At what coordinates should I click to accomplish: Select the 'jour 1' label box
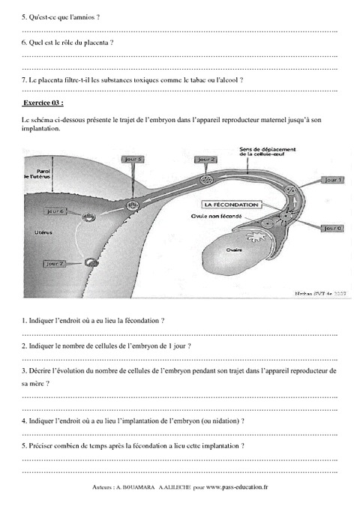(333, 180)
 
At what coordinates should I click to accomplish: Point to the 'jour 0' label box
(333, 227)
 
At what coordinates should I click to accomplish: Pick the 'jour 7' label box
(55, 264)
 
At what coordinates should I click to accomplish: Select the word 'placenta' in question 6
(94, 42)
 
